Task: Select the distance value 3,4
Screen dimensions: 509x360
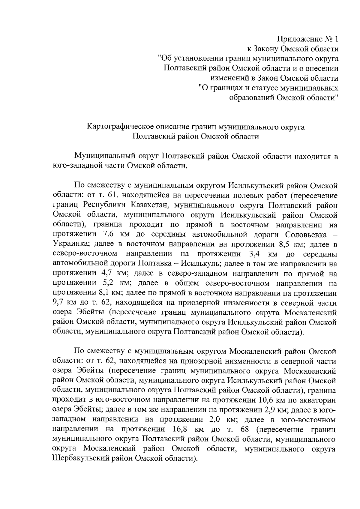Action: click(x=255, y=254)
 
